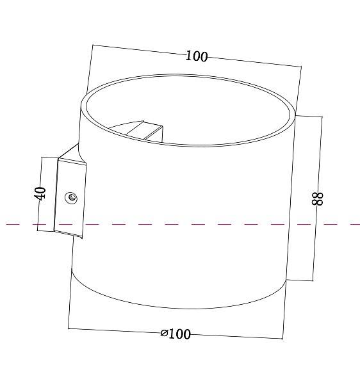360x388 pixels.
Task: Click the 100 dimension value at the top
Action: (197, 56)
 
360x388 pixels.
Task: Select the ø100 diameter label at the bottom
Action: (176, 334)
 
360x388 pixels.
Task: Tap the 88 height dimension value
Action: (318, 198)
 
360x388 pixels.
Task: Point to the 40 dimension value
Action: (40, 193)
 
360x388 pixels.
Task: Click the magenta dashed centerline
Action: (192, 224)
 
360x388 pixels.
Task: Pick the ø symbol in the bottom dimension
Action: (165, 334)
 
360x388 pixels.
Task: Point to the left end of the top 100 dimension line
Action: (93, 45)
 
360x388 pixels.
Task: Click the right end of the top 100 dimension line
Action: (300, 65)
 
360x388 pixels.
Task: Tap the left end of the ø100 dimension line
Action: (68, 328)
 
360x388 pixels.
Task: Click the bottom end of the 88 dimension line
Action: (313, 280)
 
